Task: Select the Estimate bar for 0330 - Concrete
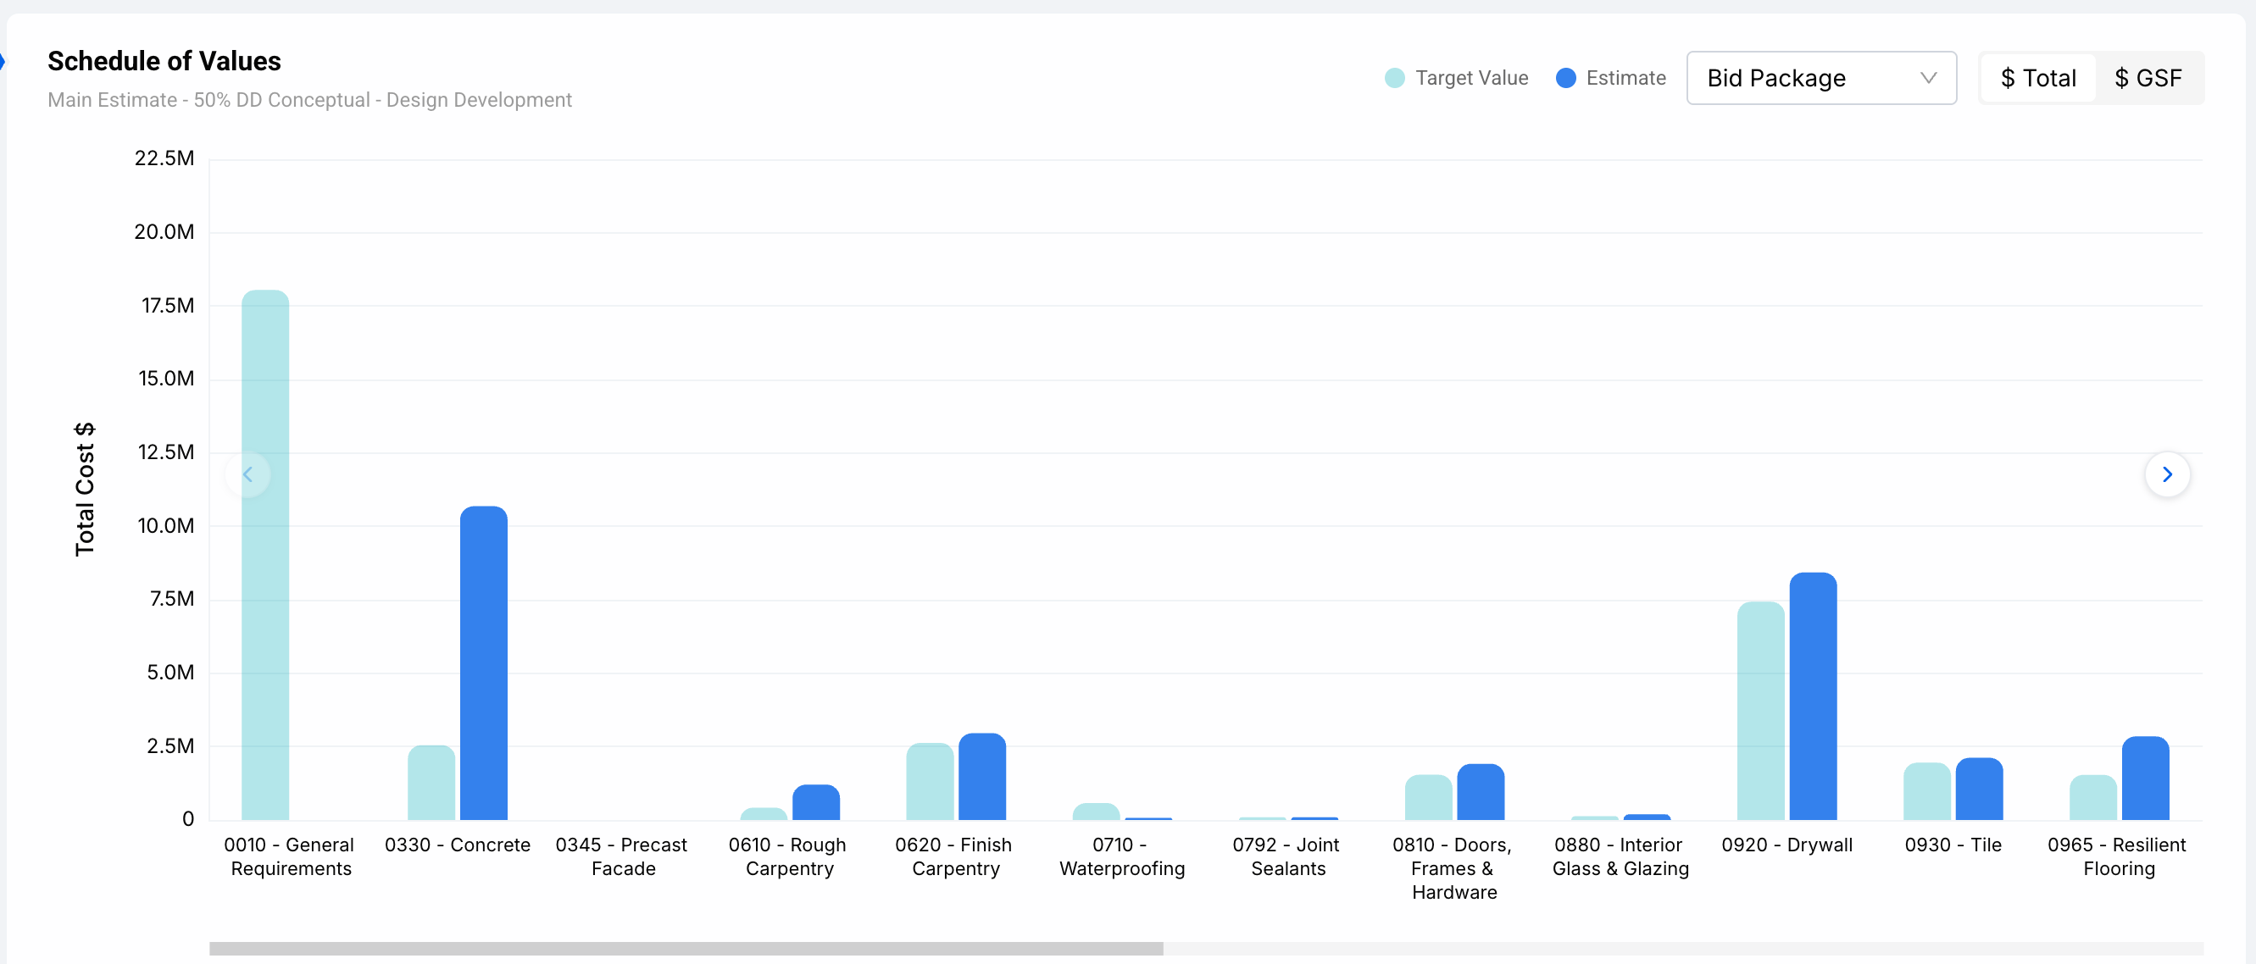[483, 662]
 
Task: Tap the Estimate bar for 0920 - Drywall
[1813, 696]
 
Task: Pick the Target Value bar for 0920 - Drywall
[1760, 710]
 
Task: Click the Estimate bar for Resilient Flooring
[2145, 778]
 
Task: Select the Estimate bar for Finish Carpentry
[981, 777]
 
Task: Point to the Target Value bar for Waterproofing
[1096, 812]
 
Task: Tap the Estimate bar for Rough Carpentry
[815, 802]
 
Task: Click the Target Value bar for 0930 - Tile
[1926, 791]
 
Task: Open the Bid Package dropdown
[1820, 78]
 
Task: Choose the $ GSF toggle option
[2148, 78]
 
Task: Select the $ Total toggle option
[2038, 78]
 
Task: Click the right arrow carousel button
[2167, 474]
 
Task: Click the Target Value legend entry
[1457, 78]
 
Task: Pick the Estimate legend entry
[1610, 78]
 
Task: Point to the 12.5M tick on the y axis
[165, 452]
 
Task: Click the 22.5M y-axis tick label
[164, 158]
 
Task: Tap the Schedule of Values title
[164, 61]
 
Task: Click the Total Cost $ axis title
[84, 489]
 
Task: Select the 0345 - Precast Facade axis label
[622, 856]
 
